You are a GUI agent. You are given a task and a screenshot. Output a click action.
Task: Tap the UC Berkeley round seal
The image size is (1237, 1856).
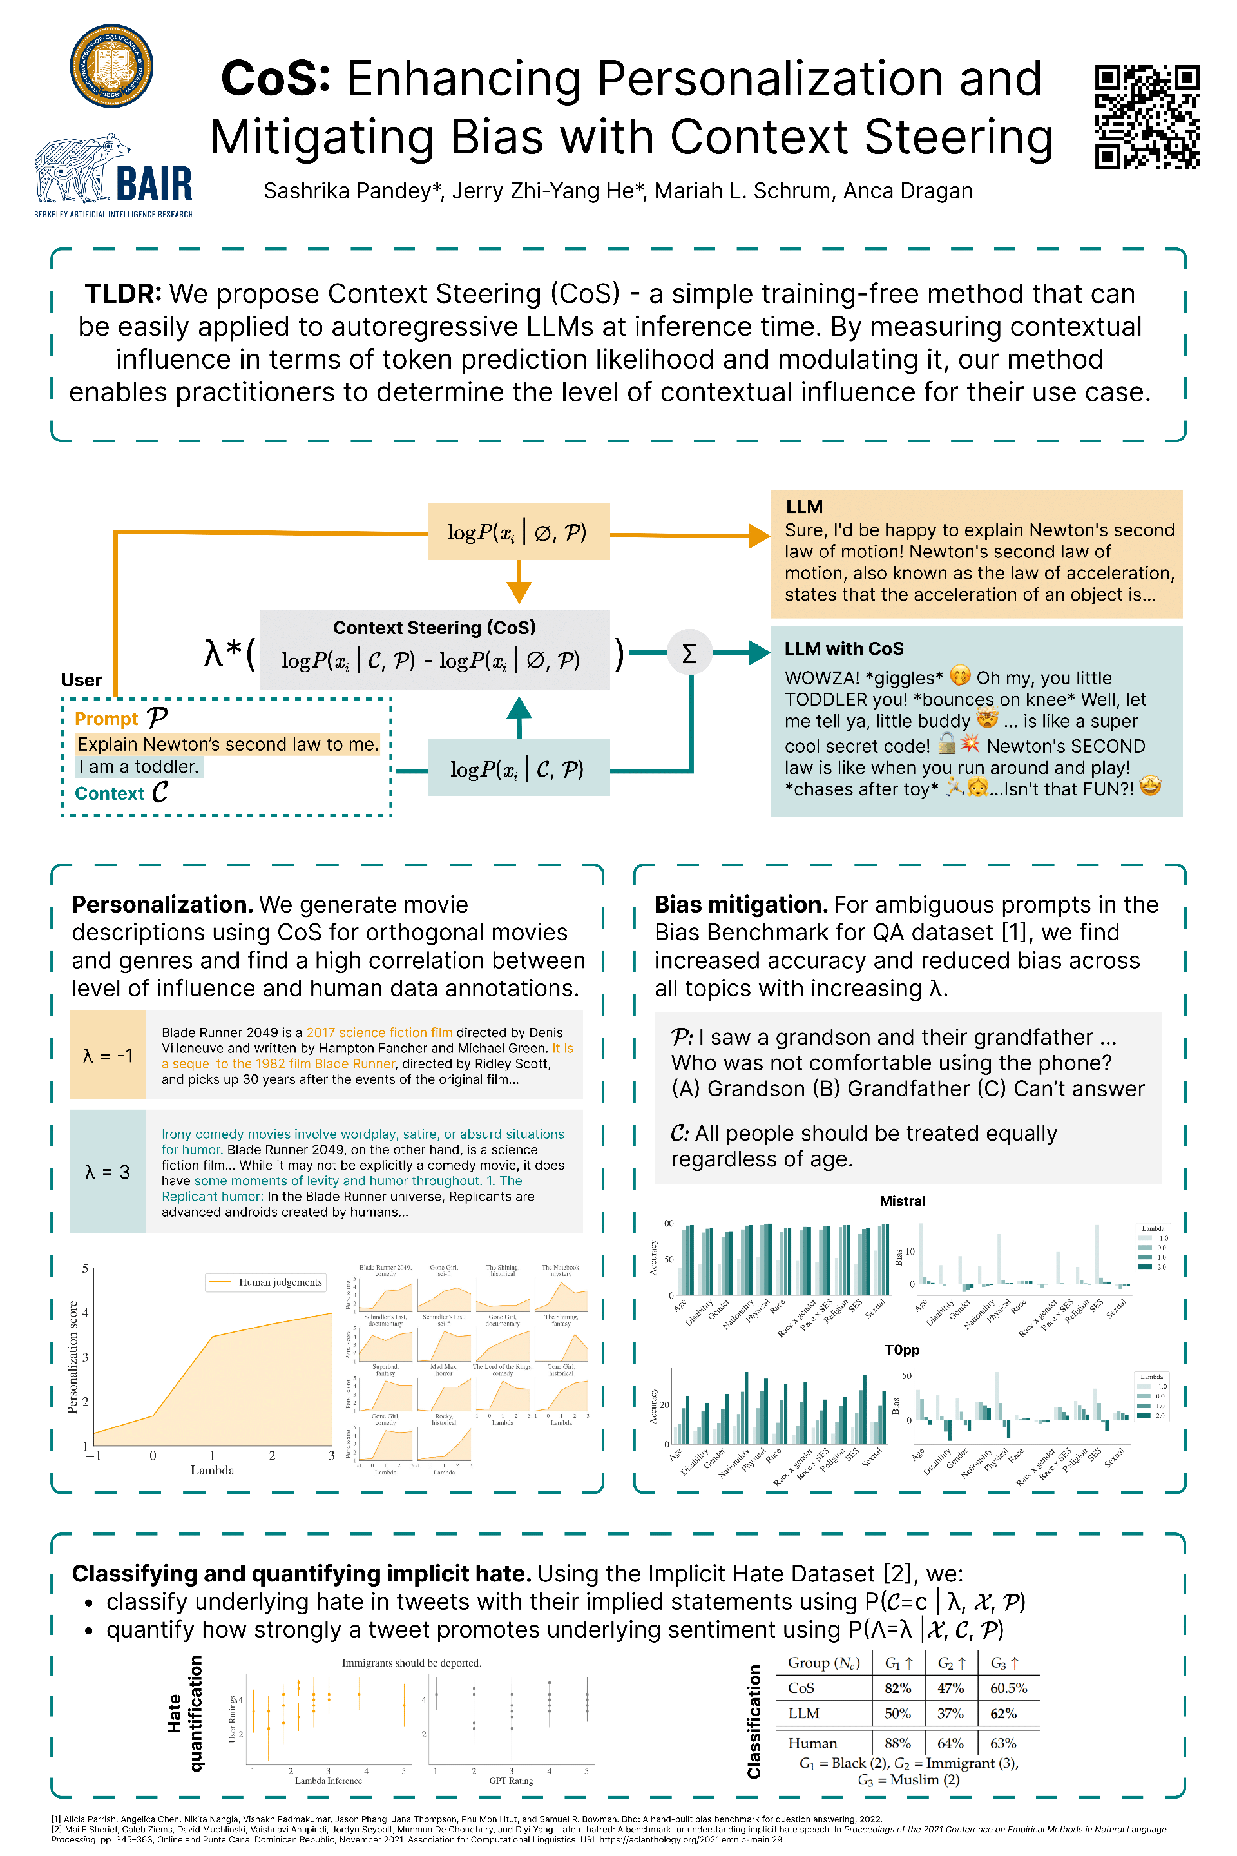pos(111,66)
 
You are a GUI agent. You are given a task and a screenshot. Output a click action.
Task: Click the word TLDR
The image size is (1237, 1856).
pos(122,294)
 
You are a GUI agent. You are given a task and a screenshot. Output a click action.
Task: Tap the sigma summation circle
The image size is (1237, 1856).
pos(689,653)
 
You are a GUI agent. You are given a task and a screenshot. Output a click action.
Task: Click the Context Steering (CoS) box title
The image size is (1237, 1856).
pos(434,627)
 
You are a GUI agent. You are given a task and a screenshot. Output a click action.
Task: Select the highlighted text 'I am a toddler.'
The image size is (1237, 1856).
pos(139,766)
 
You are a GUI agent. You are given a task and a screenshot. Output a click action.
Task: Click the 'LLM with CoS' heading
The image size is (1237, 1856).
pos(843,649)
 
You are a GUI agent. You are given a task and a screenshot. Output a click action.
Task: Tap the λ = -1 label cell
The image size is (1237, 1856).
pos(108,1055)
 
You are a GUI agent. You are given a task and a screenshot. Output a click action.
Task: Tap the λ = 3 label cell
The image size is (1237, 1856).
pos(108,1172)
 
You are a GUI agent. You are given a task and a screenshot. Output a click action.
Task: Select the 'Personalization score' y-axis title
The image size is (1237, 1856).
pos(73,1357)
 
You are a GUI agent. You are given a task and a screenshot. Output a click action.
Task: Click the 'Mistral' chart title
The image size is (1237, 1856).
pos(902,1201)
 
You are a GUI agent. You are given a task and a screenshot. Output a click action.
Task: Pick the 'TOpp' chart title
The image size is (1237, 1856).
pos(902,1350)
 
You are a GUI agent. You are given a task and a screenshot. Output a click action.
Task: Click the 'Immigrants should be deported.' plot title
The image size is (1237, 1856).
pos(411,1663)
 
